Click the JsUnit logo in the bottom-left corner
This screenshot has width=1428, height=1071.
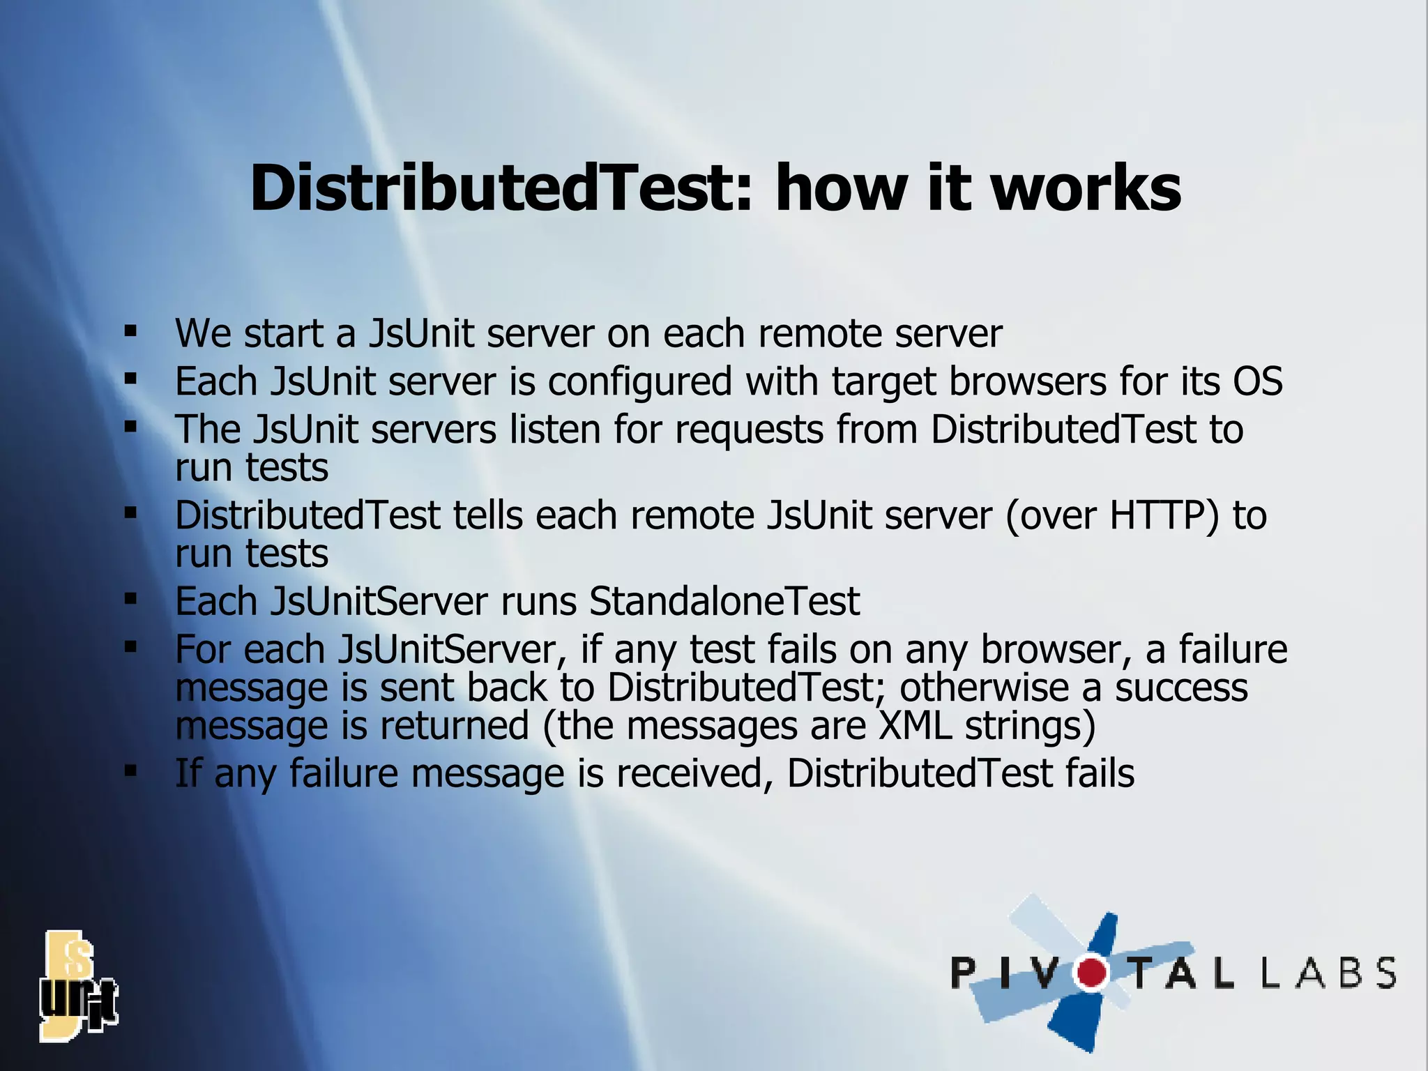click(78, 986)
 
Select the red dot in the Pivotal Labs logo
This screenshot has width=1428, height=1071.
click(1092, 972)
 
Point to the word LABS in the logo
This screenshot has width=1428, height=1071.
click(1329, 973)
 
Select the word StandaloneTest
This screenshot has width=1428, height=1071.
click(724, 601)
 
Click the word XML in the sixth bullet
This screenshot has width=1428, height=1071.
click(916, 725)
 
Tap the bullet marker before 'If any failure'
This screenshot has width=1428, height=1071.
click(130, 771)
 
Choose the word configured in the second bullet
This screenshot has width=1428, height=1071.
click(639, 383)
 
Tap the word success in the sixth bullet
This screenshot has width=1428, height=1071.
click(1181, 688)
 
